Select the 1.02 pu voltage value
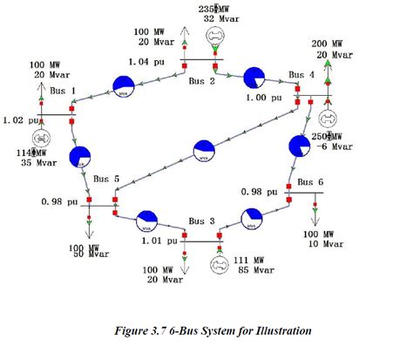(x=19, y=119)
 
